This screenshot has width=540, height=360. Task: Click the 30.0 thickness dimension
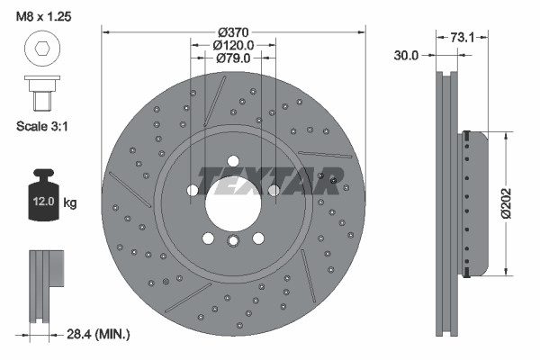coord(407,55)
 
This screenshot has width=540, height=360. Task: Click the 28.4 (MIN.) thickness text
coord(100,334)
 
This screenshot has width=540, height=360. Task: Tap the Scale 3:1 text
coord(41,127)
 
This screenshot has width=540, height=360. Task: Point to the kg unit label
coord(70,203)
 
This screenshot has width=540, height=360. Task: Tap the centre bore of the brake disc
coord(233,200)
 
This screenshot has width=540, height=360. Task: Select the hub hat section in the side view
coord(475,202)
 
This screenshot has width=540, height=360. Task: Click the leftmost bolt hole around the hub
coord(193,190)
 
